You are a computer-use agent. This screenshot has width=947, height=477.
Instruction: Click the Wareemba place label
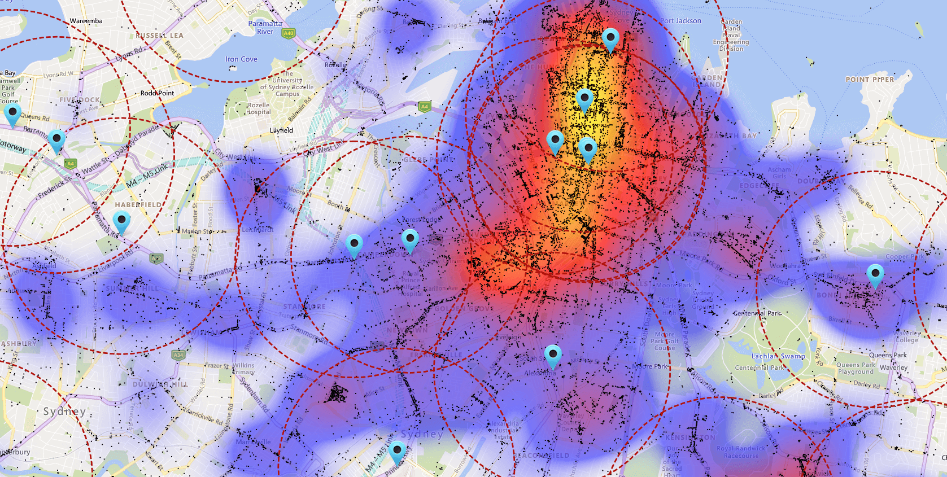point(86,21)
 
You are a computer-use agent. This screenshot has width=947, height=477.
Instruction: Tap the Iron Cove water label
point(241,59)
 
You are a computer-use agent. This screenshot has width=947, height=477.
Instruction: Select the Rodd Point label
point(157,93)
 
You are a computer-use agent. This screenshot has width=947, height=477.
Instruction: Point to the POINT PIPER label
point(870,80)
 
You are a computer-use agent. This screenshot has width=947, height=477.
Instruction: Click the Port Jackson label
point(680,21)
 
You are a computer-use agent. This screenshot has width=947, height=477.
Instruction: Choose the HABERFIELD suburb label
point(138,205)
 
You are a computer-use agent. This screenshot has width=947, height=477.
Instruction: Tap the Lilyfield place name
point(281,130)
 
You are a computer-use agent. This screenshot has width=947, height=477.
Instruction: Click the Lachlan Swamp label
point(778,356)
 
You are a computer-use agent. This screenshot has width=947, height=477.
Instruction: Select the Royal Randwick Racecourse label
point(741,452)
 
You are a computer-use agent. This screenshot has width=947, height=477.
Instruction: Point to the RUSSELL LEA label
point(159,35)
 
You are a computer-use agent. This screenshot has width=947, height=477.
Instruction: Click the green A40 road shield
point(289,33)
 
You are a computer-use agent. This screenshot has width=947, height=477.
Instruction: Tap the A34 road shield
point(178,355)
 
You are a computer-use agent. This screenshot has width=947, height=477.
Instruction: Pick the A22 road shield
point(156,259)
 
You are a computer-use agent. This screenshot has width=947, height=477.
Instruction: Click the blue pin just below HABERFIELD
point(121,222)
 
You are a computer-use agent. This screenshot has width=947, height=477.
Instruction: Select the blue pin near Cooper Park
point(875,275)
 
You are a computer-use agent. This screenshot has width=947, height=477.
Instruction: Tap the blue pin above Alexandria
point(553,356)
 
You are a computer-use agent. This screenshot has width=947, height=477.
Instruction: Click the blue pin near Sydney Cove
point(610,39)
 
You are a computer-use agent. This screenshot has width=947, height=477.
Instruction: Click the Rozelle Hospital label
point(258,108)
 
